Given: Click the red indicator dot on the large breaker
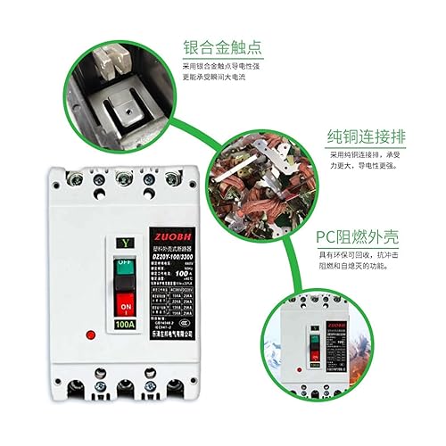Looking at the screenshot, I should (x=90, y=334).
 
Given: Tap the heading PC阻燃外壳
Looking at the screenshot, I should (x=358, y=239).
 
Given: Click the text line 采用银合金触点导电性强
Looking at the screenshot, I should (x=239, y=67).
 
